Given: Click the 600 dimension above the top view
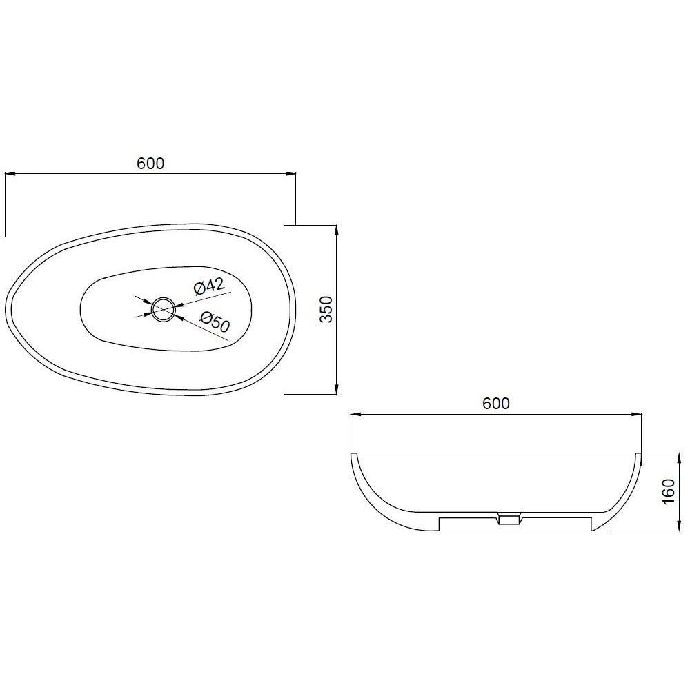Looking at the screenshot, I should [150, 164].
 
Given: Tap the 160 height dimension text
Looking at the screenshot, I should [667, 492].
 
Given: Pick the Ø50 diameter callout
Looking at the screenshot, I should [215, 321].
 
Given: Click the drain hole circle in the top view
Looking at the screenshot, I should [164, 308].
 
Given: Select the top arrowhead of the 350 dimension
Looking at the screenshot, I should [336, 230].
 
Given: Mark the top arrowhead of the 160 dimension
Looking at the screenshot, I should [675, 457].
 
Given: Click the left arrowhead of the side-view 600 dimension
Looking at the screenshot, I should [355, 415].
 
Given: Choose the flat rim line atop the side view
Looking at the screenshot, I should [497, 453].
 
